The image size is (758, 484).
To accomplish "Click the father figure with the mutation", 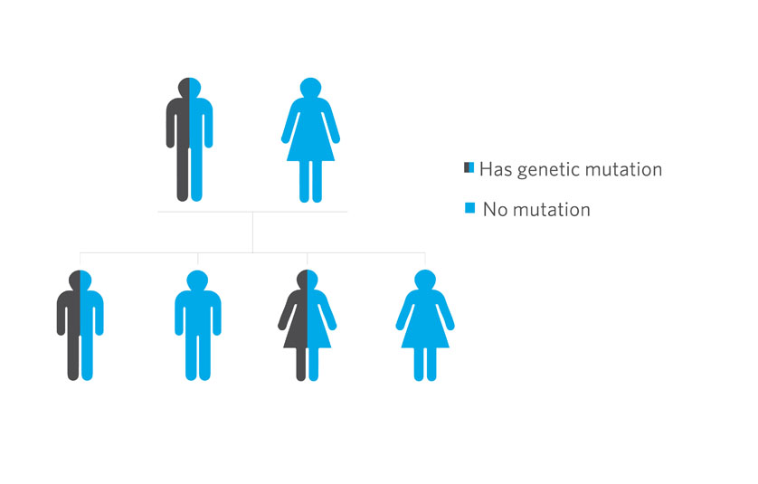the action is pyautogui.click(x=190, y=139).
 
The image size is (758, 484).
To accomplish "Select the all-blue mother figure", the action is pyautogui.click(x=310, y=139).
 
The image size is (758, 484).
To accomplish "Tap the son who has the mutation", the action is pyautogui.click(x=81, y=325).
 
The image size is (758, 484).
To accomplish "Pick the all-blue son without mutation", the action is pyautogui.click(x=198, y=325).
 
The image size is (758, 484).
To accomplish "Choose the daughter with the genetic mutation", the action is pyautogui.click(x=307, y=325).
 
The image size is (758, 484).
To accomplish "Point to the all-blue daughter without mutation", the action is pyautogui.click(x=425, y=325).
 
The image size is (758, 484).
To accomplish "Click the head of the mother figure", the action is pyautogui.click(x=310, y=88).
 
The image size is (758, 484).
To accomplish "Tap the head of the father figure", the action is pyautogui.click(x=190, y=88).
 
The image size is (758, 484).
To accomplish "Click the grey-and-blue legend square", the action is pyautogui.click(x=469, y=167).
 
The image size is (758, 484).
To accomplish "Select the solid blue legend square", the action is pyautogui.click(x=469, y=208).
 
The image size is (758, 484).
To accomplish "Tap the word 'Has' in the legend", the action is pyautogui.click(x=496, y=169).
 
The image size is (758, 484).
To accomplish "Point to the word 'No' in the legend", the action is pyautogui.click(x=495, y=209).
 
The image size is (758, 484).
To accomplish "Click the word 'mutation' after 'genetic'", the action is pyautogui.click(x=623, y=169).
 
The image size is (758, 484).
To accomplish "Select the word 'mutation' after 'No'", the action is pyautogui.click(x=552, y=209).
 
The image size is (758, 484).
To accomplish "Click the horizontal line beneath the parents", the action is pyautogui.click(x=252, y=212).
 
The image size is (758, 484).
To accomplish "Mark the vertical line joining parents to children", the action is pyautogui.click(x=253, y=233).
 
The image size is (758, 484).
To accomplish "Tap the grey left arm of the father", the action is pyautogui.click(x=171, y=123).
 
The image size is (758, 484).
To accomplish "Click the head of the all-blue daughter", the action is pyautogui.click(x=425, y=280).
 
